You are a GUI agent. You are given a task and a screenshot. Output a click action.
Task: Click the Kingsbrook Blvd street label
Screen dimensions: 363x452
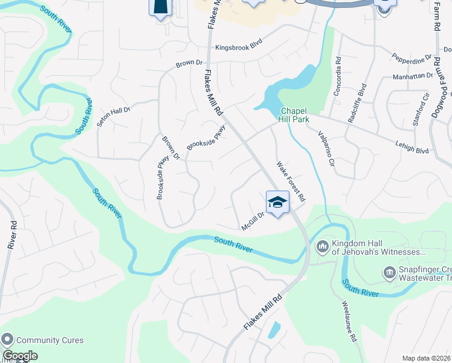coord(240,47)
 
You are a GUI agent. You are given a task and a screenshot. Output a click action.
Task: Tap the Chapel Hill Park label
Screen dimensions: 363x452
coord(295,115)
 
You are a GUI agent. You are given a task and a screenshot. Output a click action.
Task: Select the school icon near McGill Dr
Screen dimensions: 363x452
coord(277,203)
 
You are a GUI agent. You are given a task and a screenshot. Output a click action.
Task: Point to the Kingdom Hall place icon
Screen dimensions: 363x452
coord(321,246)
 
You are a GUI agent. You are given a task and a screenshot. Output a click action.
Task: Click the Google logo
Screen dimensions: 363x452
coord(19,356)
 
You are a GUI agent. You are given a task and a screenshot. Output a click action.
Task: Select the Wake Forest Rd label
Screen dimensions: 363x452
coord(291,181)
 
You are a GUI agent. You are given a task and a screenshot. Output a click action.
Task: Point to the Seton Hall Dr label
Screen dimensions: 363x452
coord(114,113)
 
